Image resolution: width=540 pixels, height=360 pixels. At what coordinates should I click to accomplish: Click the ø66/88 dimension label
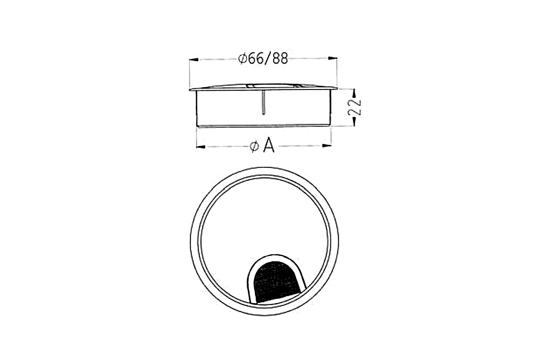pos(263,58)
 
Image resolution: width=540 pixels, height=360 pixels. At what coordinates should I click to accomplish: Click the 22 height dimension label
pos(356,107)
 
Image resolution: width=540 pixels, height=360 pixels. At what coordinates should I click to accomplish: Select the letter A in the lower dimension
pos(269,146)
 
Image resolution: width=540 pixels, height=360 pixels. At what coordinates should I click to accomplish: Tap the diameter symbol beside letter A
pos(254,146)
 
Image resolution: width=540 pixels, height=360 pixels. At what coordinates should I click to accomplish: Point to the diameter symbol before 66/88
pos(242,58)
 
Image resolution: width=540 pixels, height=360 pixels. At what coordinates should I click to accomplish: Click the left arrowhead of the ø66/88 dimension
pos(194,59)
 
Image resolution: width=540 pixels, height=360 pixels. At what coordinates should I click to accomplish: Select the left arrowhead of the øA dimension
pos(201,146)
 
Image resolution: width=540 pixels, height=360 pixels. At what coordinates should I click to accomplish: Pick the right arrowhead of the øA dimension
pos(327,146)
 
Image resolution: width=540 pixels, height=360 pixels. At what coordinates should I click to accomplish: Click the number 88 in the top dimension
pos(280,58)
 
